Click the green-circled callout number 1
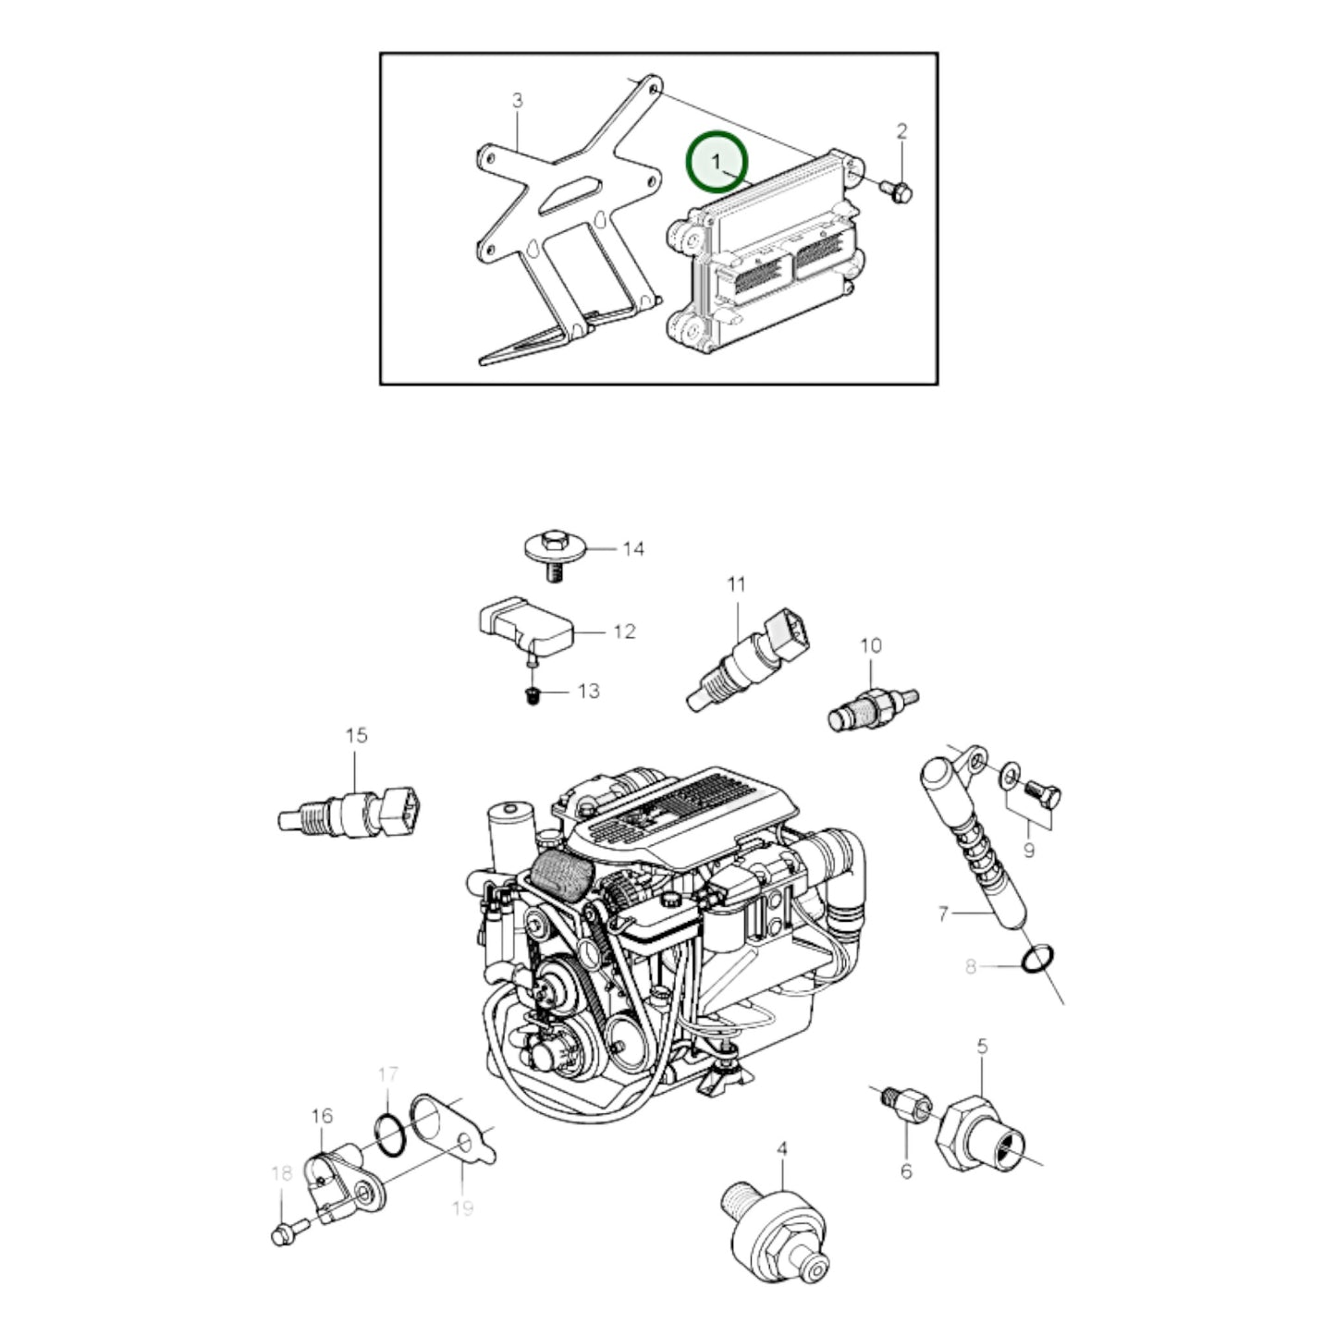click(x=716, y=162)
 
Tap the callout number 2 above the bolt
click(x=901, y=131)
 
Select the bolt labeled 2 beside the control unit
click(x=897, y=192)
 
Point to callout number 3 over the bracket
click(x=517, y=101)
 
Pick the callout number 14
click(x=633, y=549)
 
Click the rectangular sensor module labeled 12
click(x=526, y=623)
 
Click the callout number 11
click(x=736, y=584)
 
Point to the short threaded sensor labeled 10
click(x=873, y=709)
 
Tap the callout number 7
click(x=942, y=914)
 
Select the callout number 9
click(x=1028, y=850)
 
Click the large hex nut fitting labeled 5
click(x=980, y=1135)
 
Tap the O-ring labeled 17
click(x=391, y=1142)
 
